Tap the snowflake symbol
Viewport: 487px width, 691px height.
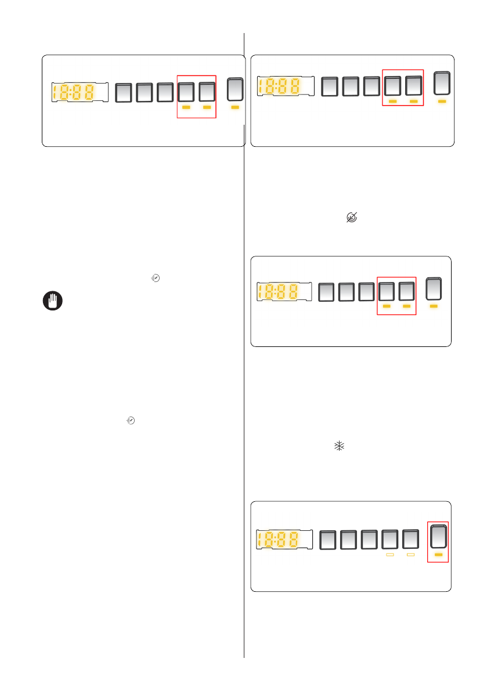coord(339,446)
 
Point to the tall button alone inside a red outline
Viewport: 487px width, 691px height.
coord(438,537)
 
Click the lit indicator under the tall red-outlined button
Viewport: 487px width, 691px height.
coord(438,555)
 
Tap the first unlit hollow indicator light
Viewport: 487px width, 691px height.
coord(390,555)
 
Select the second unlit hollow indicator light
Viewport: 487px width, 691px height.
coord(411,555)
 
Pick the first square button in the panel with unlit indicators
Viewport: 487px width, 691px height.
coord(329,540)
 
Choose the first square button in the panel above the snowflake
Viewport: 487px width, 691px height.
coord(327,291)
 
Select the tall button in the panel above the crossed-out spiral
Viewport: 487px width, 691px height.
coord(442,85)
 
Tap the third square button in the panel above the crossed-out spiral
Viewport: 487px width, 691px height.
coord(371,86)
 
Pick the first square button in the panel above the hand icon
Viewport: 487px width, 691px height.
coord(123,93)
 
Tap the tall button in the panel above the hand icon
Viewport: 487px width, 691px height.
coord(235,90)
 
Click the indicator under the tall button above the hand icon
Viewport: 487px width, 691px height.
coord(235,107)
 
